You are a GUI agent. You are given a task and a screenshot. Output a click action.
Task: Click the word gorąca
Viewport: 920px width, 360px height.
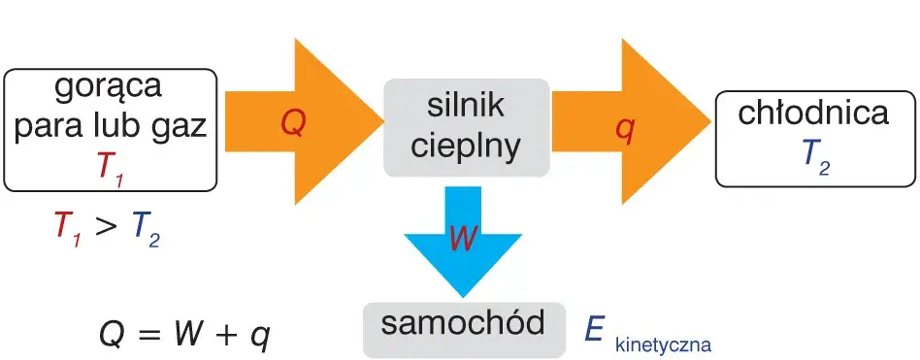point(108,88)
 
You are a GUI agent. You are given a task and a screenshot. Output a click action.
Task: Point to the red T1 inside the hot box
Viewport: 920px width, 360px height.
point(111,168)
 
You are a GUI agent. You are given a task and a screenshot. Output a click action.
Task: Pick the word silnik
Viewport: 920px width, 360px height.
point(467,106)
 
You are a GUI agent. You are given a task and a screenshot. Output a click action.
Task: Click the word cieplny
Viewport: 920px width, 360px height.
point(467,146)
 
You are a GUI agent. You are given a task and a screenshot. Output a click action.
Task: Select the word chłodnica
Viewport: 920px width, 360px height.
point(813,114)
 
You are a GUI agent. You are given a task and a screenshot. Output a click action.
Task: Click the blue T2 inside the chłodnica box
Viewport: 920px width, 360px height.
point(816,156)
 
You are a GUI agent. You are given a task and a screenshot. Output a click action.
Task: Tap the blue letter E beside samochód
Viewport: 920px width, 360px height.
point(596,330)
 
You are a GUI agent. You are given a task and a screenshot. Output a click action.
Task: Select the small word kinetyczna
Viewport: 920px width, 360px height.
point(663,344)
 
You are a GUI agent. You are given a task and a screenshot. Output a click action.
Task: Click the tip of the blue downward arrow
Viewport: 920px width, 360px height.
point(463,297)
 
